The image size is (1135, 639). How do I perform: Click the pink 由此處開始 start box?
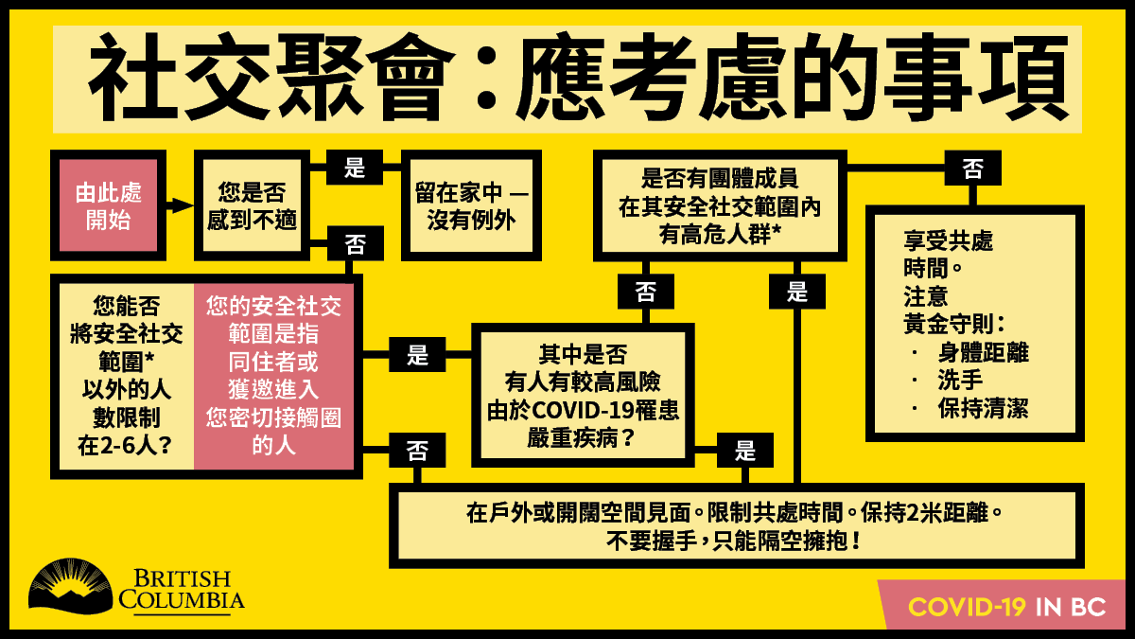click(109, 205)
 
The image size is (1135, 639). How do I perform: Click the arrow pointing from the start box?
click(179, 205)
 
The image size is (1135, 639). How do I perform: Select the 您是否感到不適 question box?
click(252, 205)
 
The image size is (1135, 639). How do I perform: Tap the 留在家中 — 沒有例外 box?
click(471, 205)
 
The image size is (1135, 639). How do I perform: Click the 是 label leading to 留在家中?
click(355, 167)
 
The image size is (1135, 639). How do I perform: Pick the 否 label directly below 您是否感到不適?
click(356, 244)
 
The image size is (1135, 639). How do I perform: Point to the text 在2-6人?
click(125, 445)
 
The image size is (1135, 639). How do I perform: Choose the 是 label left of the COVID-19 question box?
click(417, 354)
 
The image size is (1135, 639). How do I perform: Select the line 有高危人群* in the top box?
click(720, 235)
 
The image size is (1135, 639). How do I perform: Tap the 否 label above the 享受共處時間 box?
click(973, 168)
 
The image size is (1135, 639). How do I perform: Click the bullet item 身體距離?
click(983, 352)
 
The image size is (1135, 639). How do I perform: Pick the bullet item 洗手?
click(960, 380)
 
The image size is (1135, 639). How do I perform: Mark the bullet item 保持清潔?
click(983, 408)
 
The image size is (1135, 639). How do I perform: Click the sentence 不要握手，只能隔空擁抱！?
click(734, 541)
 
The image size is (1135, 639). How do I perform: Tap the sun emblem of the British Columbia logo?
click(70, 586)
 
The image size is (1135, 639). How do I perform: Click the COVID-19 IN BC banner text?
click(1006, 607)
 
